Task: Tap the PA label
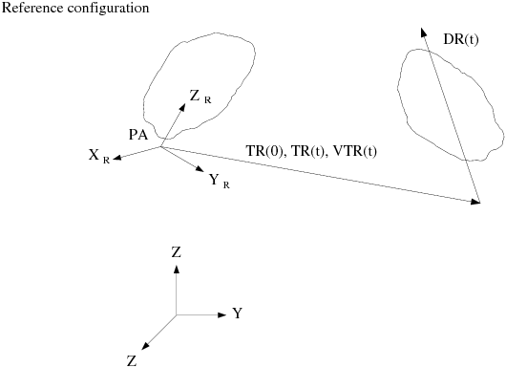pyautogui.click(x=138, y=135)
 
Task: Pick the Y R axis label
pyautogui.click(x=219, y=179)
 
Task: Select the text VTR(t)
pyautogui.click(x=354, y=150)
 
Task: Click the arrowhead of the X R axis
pyautogui.click(x=116, y=159)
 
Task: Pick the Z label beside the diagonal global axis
pyautogui.click(x=133, y=360)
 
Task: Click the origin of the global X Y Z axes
pyautogui.click(x=176, y=314)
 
